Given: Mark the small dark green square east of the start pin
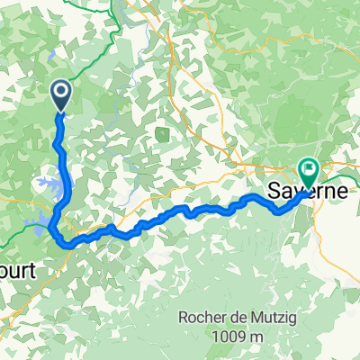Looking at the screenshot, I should point(162,135).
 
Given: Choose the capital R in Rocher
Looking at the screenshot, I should point(185,315).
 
